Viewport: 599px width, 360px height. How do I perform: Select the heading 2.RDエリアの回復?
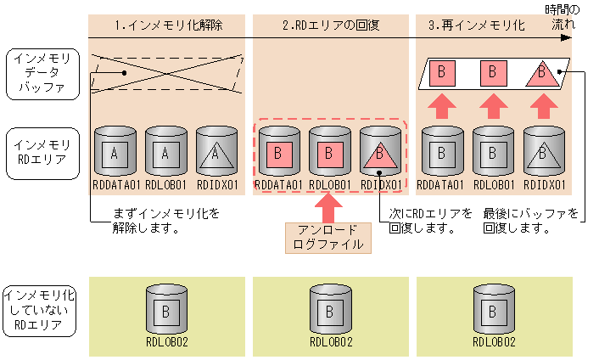(330, 25)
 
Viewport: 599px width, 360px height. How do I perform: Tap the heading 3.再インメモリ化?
(477, 25)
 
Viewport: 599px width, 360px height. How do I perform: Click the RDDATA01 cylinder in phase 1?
(115, 152)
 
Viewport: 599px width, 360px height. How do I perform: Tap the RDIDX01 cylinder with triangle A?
(216, 152)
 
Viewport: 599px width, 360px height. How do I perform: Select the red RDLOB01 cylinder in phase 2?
(330, 152)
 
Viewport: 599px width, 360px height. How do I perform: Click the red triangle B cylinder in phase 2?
(381, 152)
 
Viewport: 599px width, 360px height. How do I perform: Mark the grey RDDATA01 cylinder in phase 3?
(442, 152)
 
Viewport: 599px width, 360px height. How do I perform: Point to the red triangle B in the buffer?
(540, 73)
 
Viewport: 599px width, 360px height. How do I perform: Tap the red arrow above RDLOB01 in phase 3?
(492, 107)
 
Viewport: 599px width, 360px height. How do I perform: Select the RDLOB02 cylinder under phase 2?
(330, 309)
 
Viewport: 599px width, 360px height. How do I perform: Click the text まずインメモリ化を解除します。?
(154, 220)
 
